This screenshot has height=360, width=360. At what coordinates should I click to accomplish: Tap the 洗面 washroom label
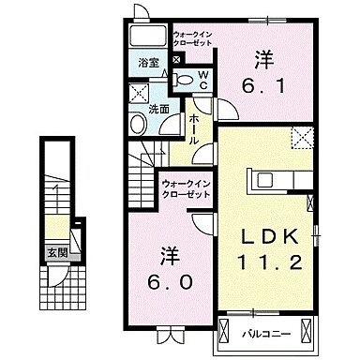(x=159, y=109)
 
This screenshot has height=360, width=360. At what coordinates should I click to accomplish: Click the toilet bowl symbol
(x=187, y=80)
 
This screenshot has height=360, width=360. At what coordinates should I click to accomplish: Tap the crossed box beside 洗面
(x=140, y=93)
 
